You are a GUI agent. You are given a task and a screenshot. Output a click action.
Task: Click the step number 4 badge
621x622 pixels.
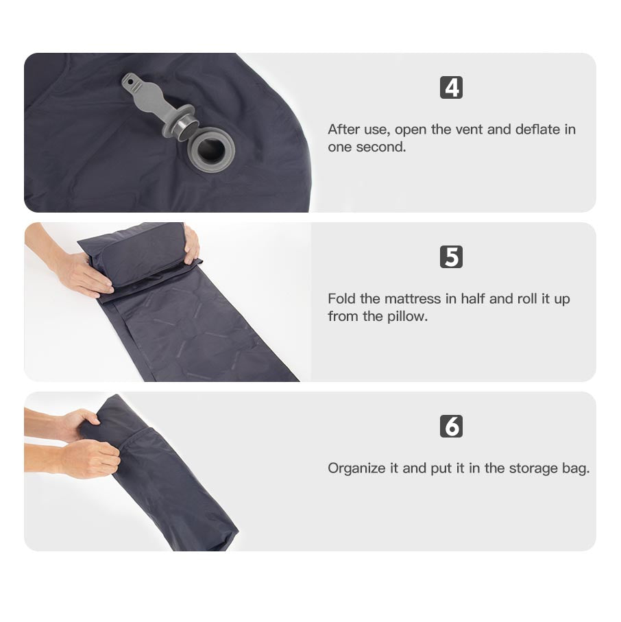tap(451, 87)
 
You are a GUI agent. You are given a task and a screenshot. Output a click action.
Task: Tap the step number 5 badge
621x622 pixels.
tap(451, 256)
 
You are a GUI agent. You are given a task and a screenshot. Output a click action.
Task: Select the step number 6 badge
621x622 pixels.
tap(451, 426)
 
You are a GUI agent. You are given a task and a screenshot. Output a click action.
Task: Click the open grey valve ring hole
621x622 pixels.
tap(211, 150)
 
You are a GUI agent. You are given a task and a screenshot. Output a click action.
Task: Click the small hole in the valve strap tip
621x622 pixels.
tap(130, 82)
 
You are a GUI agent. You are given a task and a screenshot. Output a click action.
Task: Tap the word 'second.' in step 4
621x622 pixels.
tap(381, 147)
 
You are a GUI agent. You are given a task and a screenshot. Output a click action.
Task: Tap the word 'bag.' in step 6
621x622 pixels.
tap(576, 468)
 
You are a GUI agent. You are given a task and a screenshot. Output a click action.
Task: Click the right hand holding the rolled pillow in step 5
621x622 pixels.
tap(192, 244)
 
